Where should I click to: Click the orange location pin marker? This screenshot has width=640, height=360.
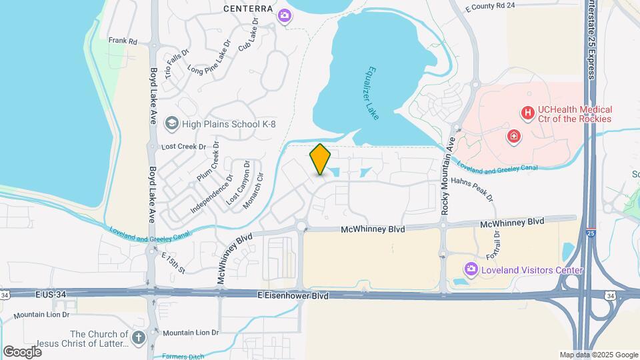(x=320, y=159)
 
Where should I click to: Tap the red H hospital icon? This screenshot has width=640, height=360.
(x=527, y=114)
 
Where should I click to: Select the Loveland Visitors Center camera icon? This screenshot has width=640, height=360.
(x=471, y=270)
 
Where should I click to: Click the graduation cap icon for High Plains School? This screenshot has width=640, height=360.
(x=172, y=123)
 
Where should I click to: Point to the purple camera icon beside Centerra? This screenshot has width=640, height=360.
(x=285, y=15)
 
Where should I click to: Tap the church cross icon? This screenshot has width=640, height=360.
(x=139, y=338)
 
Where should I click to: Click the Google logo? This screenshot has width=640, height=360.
(x=22, y=351)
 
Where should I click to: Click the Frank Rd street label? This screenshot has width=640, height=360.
(x=122, y=41)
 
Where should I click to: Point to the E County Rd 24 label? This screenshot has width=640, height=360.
(x=491, y=5)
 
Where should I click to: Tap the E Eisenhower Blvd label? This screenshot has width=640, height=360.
(x=293, y=295)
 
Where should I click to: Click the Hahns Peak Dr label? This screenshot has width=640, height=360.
(x=473, y=188)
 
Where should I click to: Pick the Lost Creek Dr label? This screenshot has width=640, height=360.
(x=181, y=146)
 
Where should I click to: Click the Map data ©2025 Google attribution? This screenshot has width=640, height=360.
(x=598, y=355)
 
